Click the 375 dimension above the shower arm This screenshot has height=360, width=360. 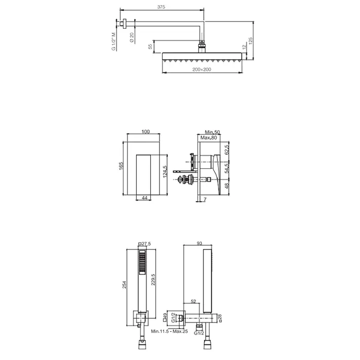click(x=161, y=7)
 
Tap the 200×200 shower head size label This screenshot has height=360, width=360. click(x=202, y=69)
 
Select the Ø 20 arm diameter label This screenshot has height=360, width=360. click(x=132, y=37)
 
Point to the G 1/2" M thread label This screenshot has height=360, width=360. click(x=114, y=41)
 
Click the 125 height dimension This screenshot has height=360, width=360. click(x=250, y=41)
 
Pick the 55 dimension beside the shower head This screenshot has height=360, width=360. click(x=150, y=47)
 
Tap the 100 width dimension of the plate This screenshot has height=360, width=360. click(x=146, y=132)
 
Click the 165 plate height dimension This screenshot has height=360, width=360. click(x=121, y=166)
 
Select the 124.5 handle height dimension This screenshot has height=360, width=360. click(x=165, y=172)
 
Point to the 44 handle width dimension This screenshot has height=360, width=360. click(x=145, y=197)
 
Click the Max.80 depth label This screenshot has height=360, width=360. click(x=208, y=138)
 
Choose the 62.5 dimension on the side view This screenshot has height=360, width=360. click(x=227, y=150)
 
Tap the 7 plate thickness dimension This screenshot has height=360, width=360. click(x=205, y=200)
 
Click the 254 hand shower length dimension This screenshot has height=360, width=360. click(x=124, y=285)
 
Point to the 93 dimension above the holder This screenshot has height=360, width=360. click(x=200, y=243)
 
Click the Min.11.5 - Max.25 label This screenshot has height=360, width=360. click(x=169, y=331)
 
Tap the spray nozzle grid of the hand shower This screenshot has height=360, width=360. click(x=142, y=262)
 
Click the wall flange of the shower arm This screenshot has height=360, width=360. click(x=124, y=24)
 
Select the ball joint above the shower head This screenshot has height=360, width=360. click(x=202, y=42)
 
